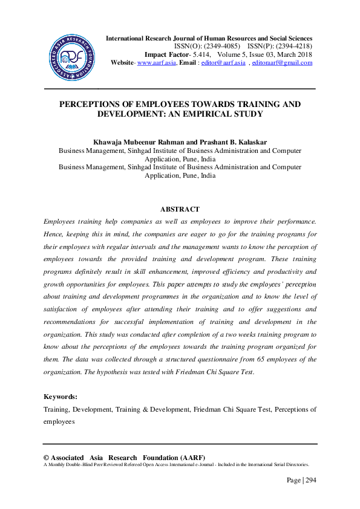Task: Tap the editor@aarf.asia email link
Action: click(223, 62)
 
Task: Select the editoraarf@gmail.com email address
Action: click(282, 62)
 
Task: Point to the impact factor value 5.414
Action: click(200, 54)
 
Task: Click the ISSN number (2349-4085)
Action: click(223, 46)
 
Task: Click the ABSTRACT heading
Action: click(180, 209)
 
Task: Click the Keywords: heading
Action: click(61, 397)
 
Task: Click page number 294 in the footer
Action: click(310, 481)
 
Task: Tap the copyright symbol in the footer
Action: click(47, 458)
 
